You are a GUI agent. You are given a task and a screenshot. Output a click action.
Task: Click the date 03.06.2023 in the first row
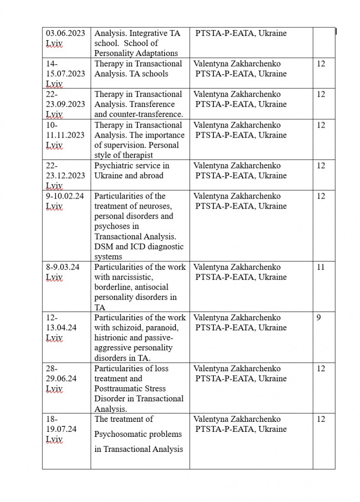pyautogui.click(x=65, y=33)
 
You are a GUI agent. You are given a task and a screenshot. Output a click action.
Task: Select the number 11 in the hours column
pyautogui.click(x=321, y=267)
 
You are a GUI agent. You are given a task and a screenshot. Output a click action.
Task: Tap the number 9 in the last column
pyautogui.click(x=319, y=318)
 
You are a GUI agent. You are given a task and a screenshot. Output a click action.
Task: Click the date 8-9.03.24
pyautogui.click(x=63, y=267)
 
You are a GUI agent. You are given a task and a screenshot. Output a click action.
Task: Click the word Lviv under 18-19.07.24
pyautogui.click(x=54, y=440)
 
